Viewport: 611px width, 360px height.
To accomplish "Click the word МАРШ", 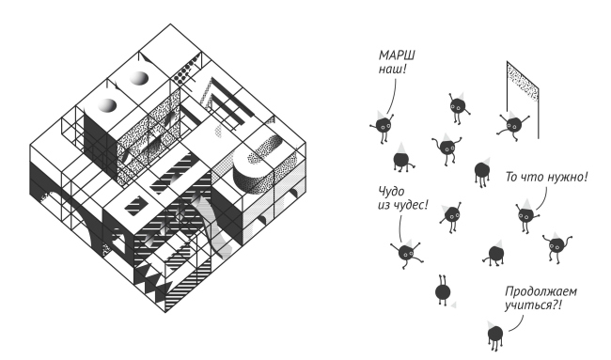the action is click(x=397, y=55).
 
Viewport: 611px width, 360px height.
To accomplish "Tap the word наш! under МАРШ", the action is click(x=392, y=70).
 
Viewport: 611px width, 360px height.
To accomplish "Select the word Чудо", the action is click(x=391, y=192).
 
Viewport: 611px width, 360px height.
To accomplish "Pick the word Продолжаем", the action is click(x=540, y=291).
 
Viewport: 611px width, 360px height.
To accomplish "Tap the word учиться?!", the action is click(x=534, y=305).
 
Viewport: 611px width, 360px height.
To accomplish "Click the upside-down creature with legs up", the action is click(x=443, y=290).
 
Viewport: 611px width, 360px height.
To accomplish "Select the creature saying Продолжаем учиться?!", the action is click(x=494, y=335).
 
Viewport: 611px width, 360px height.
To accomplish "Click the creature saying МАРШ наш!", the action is click(x=383, y=125).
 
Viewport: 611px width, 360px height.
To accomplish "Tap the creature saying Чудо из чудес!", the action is click(x=406, y=253).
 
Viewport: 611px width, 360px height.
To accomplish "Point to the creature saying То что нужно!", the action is click(x=526, y=214).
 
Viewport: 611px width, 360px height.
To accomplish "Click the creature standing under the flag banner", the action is click(x=513, y=125).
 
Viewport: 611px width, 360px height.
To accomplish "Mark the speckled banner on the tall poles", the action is click(x=523, y=82).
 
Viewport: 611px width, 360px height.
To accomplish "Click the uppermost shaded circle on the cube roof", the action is click(x=140, y=78).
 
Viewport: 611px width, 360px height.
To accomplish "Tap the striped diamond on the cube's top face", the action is click(x=136, y=206).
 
